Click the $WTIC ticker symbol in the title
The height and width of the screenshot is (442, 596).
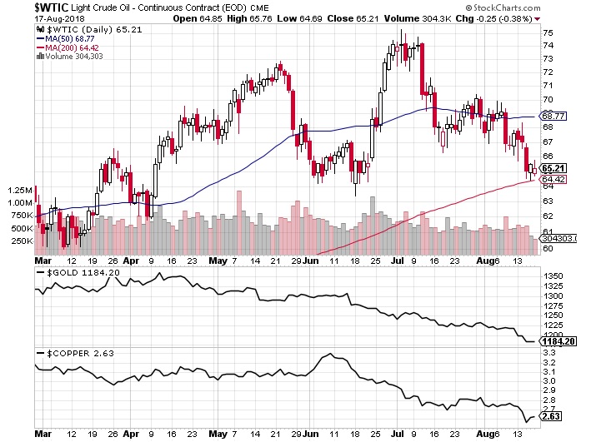[22, 7]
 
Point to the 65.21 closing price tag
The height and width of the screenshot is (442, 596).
[554, 167]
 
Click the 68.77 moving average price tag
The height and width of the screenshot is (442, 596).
[554, 116]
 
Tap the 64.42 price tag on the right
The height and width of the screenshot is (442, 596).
[554, 178]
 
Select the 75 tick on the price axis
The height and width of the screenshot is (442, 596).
[548, 32]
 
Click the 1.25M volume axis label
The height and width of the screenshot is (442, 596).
[18, 191]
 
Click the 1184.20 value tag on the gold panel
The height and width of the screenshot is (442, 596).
[558, 341]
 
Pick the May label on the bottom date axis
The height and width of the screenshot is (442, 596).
[219, 433]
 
